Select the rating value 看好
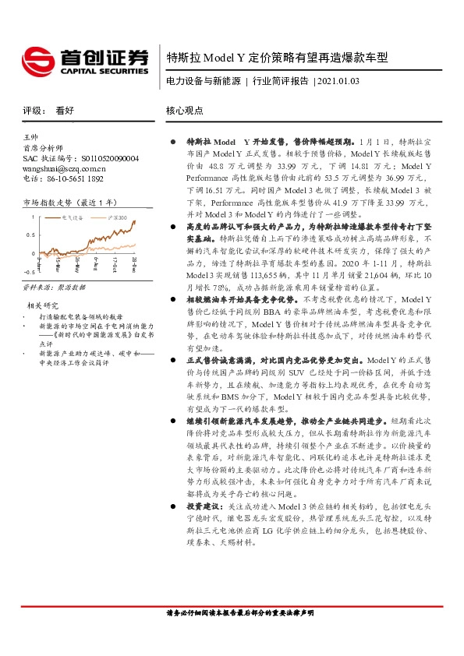[66, 111]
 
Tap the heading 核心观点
[185, 111]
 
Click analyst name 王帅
[32, 136]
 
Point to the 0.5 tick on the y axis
[30, 234]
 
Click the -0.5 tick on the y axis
[28, 272]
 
